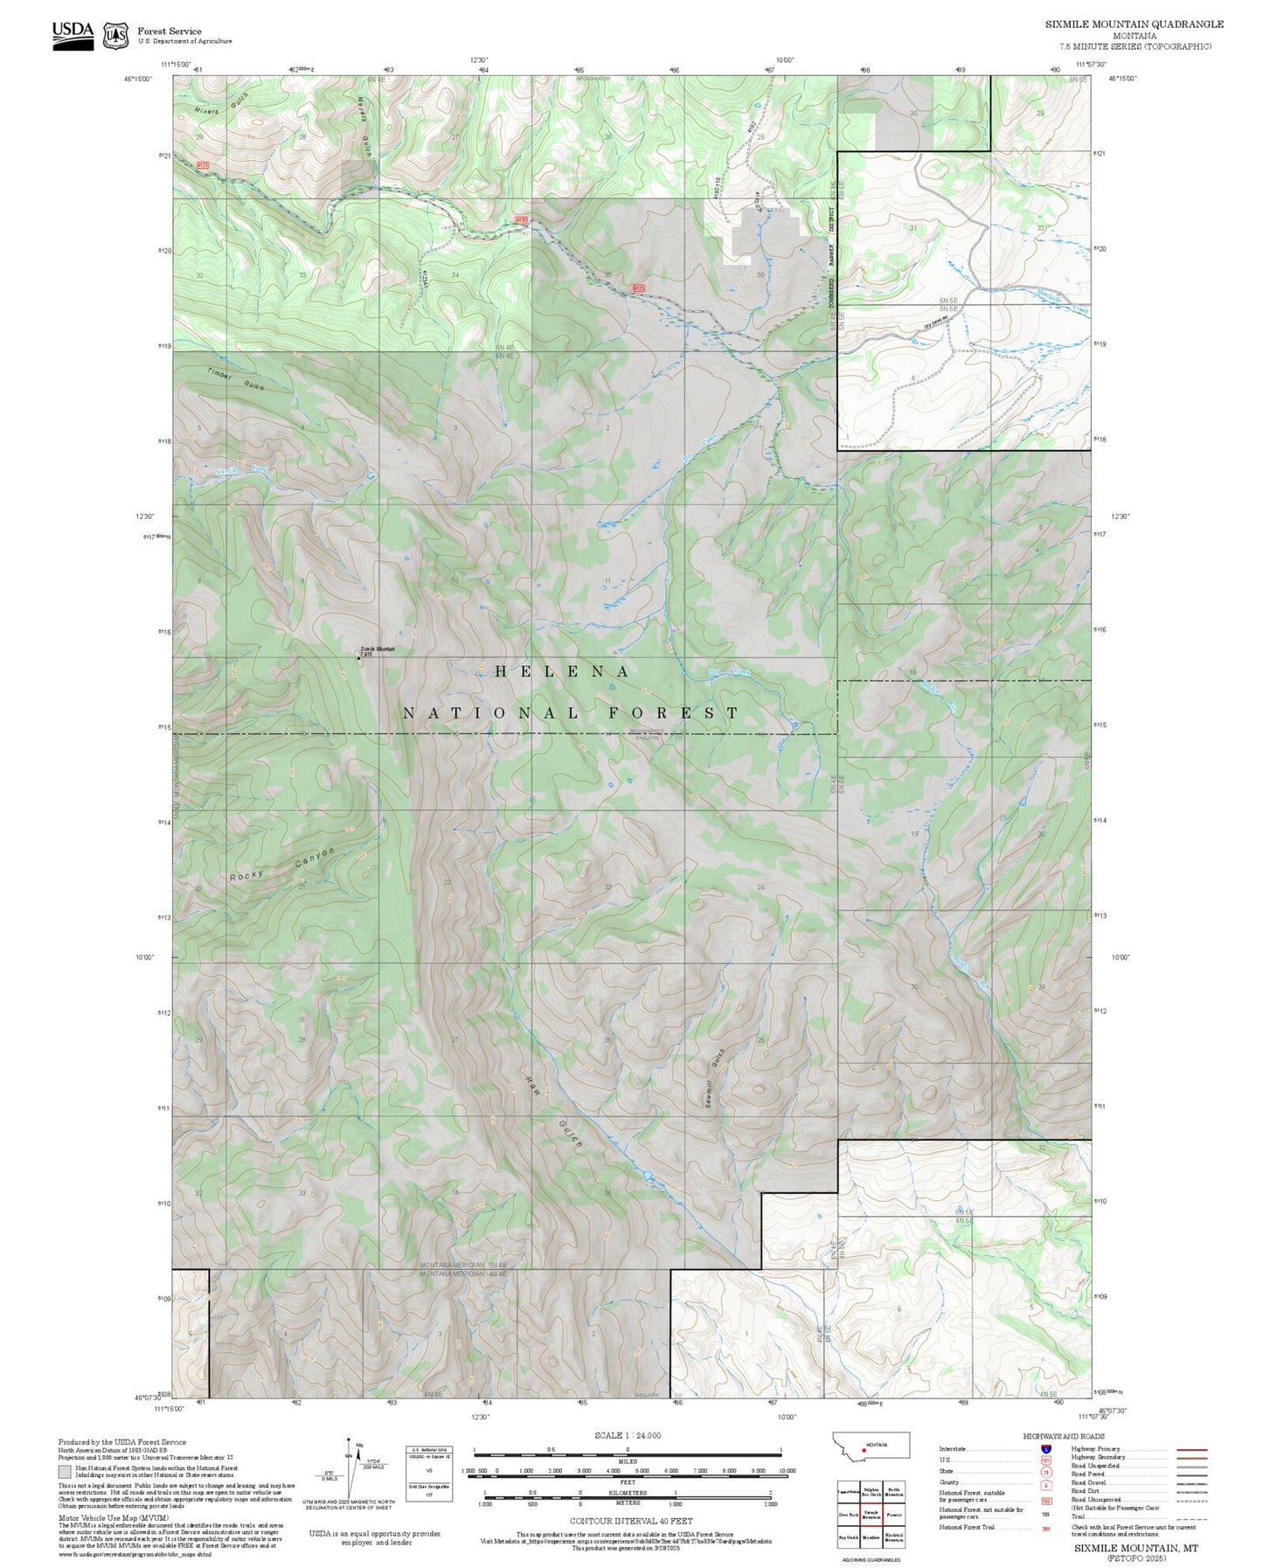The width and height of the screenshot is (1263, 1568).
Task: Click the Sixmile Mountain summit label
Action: coord(377,650)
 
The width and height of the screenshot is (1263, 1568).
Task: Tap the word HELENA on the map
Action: coord(562,671)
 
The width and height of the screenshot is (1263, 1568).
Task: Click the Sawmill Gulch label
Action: coord(715,1078)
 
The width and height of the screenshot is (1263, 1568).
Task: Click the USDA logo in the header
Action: coord(73,34)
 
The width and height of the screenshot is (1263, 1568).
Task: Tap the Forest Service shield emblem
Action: coord(115,36)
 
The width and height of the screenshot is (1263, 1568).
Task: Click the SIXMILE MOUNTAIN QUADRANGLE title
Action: coord(1135,24)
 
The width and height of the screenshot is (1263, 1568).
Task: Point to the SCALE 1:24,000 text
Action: coord(628,1435)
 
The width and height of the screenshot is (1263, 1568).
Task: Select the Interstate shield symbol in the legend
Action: coord(1045,1449)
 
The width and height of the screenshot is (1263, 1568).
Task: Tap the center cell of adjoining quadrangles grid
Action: coord(871,1515)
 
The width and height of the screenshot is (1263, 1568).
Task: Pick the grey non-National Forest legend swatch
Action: coord(65,1472)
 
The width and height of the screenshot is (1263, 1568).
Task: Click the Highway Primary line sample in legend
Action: coord(1192,1449)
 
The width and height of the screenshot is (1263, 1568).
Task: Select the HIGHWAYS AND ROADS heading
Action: coord(1063,1436)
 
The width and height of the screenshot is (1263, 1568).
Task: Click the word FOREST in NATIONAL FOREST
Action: coord(673,712)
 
